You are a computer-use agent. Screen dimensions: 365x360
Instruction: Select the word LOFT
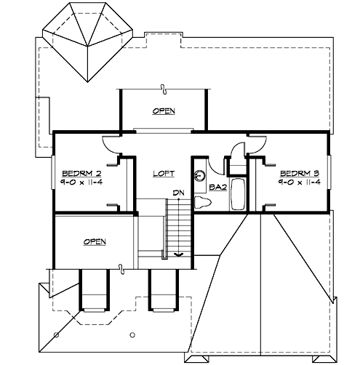[164, 175]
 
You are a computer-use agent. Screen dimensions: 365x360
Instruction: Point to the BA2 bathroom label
[217, 187]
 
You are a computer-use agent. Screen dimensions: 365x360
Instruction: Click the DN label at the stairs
[177, 193]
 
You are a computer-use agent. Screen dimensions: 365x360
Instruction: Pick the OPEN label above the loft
[164, 111]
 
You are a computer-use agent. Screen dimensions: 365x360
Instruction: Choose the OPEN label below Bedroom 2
[95, 241]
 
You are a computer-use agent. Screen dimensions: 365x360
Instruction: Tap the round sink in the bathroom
[201, 175]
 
